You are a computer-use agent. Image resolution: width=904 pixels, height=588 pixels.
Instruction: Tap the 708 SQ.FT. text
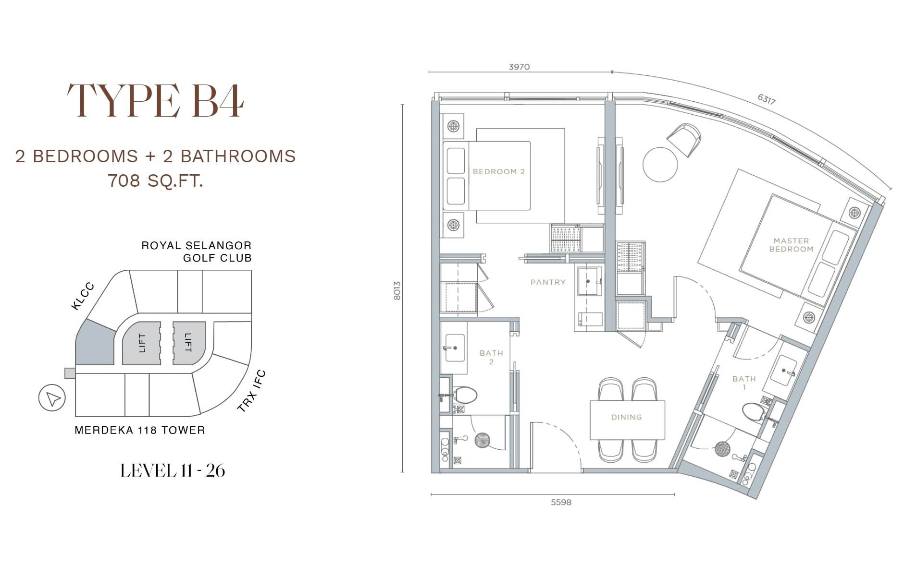click(x=155, y=181)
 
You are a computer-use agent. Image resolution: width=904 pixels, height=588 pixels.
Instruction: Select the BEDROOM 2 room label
click(x=499, y=171)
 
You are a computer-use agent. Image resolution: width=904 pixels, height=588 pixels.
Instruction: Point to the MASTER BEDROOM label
click(x=791, y=245)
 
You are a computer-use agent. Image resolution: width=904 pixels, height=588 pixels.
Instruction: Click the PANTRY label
click(x=548, y=282)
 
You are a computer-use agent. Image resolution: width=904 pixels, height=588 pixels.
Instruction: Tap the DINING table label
click(x=626, y=417)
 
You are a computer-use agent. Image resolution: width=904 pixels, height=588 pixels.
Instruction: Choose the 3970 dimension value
click(x=519, y=67)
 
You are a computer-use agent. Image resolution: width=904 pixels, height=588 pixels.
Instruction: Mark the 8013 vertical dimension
click(x=397, y=291)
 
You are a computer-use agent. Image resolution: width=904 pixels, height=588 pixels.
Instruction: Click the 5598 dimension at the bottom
click(x=561, y=502)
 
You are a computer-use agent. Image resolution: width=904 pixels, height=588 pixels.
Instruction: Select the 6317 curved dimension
click(x=767, y=99)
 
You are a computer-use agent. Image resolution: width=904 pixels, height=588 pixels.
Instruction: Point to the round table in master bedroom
click(x=660, y=164)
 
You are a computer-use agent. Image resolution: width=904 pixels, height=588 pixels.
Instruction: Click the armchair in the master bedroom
click(x=684, y=139)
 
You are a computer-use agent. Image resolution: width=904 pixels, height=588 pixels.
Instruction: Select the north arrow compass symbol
click(x=52, y=398)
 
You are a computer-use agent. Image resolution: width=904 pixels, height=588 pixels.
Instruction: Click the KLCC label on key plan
click(x=83, y=296)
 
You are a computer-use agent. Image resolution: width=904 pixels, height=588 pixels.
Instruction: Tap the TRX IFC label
click(x=251, y=391)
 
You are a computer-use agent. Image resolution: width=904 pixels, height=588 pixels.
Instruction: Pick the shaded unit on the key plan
click(x=95, y=343)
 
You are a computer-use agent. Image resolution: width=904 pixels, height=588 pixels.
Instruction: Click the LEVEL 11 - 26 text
click(x=173, y=471)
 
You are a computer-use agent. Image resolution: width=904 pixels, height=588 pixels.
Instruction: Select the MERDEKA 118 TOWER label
click(x=140, y=430)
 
